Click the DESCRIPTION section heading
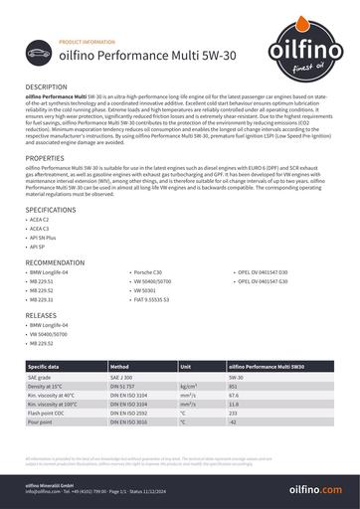[x=47, y=87]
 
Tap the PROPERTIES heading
[x=46, y=158]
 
